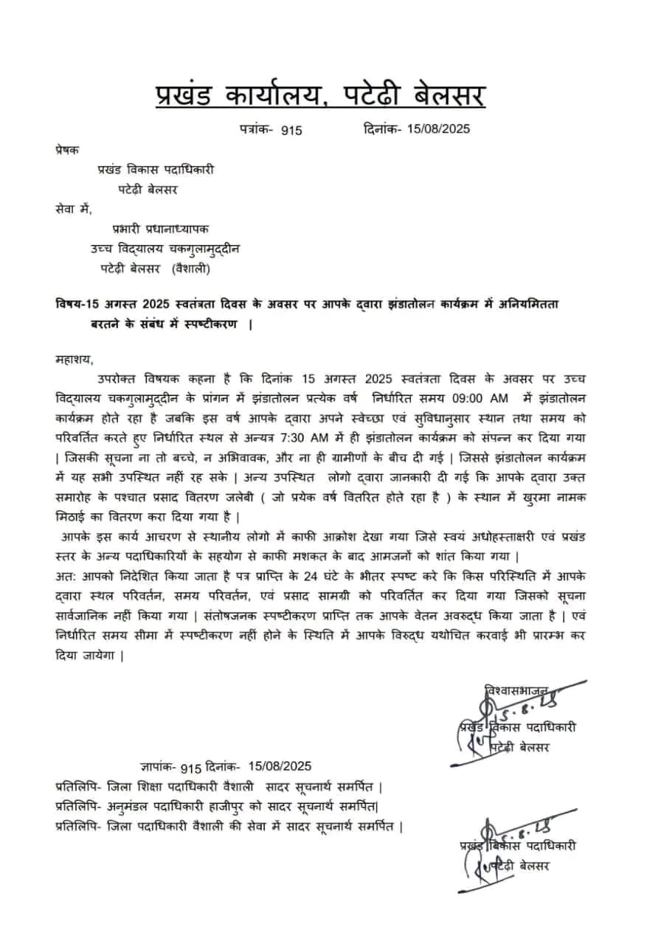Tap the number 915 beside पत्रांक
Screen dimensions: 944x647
tap(291, 130)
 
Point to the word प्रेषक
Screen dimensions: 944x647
tap(68, 149)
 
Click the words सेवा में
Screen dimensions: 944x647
tap(74, 209)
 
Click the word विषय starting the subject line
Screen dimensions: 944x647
tap(69, 305)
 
